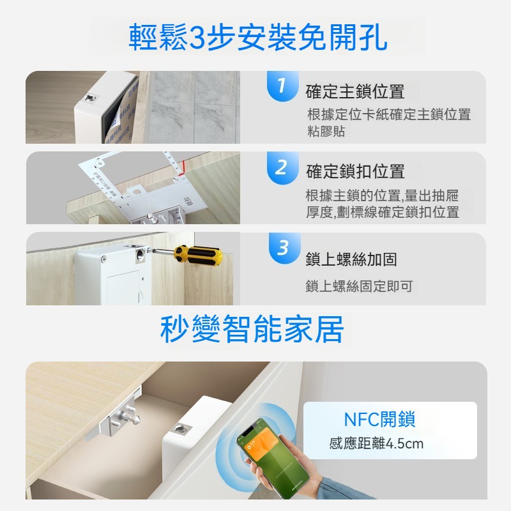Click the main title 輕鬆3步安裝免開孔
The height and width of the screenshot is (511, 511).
tap(258, 38)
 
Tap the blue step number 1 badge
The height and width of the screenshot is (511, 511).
tap(282, 84)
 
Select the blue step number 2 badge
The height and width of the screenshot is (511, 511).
tap(282, 168)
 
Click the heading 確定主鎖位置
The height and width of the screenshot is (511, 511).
tap(355, 92)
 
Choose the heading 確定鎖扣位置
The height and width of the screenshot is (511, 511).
tap(355, 172)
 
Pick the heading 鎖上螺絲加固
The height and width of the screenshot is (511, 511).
tap(351, 259)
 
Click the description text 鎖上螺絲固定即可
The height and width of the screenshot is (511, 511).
tap(359, 286)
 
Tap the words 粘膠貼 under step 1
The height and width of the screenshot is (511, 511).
tap(326, 132)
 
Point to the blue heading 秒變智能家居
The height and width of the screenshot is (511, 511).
tap(252, 330)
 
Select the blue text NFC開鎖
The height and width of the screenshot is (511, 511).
tap(379, 419)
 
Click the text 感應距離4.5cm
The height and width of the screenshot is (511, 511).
tap(376, 443)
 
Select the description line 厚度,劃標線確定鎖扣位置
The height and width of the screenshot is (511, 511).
tap(383, 212)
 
